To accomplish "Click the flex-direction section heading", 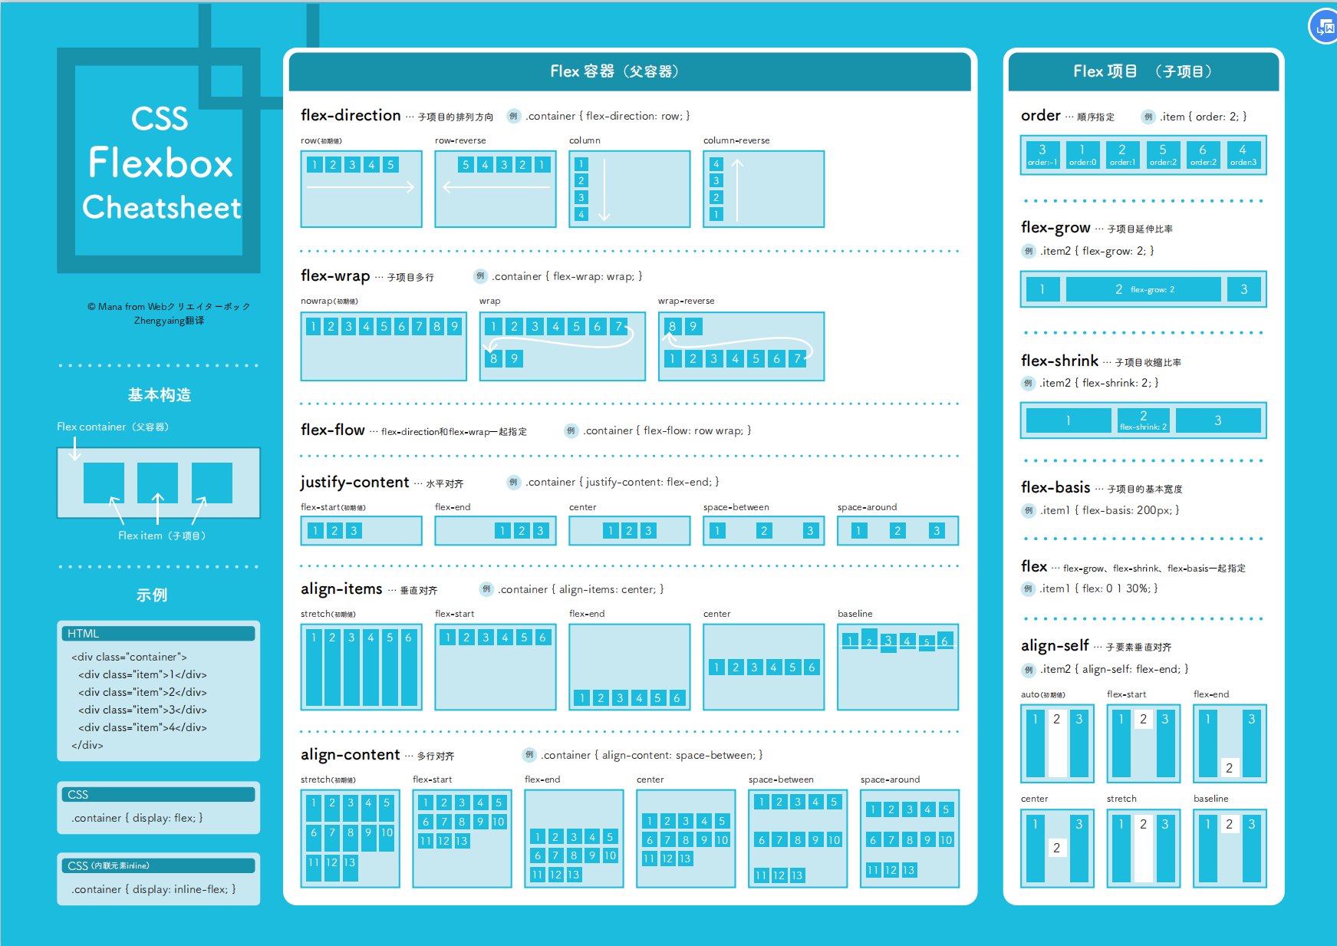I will coord(351,115).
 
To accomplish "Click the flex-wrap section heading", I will coord(335,275).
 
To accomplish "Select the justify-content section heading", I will coord(354,482).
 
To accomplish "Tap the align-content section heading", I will coord(350,755).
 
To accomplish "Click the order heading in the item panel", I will coord(1040,116).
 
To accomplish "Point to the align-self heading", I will coord(1055,646).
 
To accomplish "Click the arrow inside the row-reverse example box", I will coord(496,186).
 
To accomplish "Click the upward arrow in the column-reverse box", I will coord(737,190).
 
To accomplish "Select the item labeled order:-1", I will coord(1042,155).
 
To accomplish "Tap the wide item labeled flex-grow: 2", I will coord(1143,289).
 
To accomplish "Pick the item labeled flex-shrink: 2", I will coord(1143,420).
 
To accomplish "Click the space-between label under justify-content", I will coord(736,507).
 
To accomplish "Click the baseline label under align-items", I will coord(855,614).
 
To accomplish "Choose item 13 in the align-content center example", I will coord(685,859).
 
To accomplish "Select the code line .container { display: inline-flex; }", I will coord(153,889).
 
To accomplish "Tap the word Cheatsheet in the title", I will coord(161,207).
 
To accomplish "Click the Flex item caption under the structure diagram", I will coord(161,536).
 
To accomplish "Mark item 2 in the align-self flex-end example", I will coord(1229,768).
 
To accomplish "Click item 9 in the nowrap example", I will coord(454,327).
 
